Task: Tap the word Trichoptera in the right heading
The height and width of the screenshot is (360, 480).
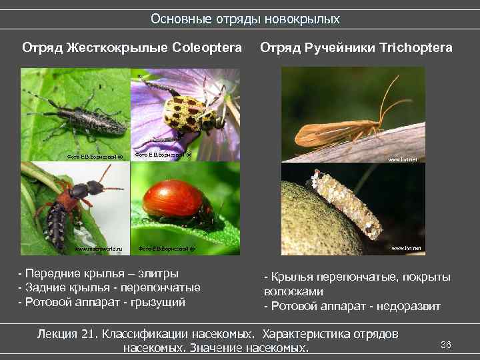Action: point(417,48)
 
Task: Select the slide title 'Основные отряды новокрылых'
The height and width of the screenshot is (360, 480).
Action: point(245,19)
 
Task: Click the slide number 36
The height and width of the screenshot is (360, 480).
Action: point(446,344)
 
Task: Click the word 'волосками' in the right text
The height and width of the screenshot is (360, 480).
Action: point(294,291)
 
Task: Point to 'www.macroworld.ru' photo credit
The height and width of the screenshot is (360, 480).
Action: point(98,248)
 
